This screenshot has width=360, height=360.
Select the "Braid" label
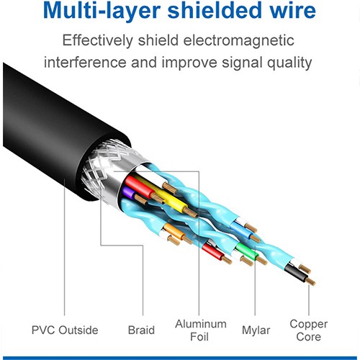[141, 330]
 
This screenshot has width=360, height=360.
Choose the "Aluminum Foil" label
[200, 330]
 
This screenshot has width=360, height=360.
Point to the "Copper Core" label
[310, 330]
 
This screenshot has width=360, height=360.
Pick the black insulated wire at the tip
[294, 271]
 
